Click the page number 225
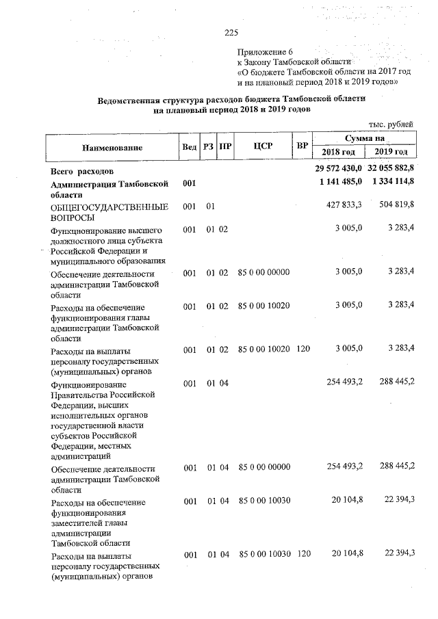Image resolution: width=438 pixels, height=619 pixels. (231, 31)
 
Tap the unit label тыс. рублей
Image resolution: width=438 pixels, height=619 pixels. (390, 124)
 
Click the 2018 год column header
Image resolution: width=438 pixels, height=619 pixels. (339, 152)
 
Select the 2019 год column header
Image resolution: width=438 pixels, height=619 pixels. (391, 152)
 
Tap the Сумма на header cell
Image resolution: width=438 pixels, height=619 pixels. (365, 139)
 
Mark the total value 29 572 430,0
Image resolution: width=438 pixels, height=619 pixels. (338, 168)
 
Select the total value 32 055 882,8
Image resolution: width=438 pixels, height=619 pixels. (391, 168)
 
